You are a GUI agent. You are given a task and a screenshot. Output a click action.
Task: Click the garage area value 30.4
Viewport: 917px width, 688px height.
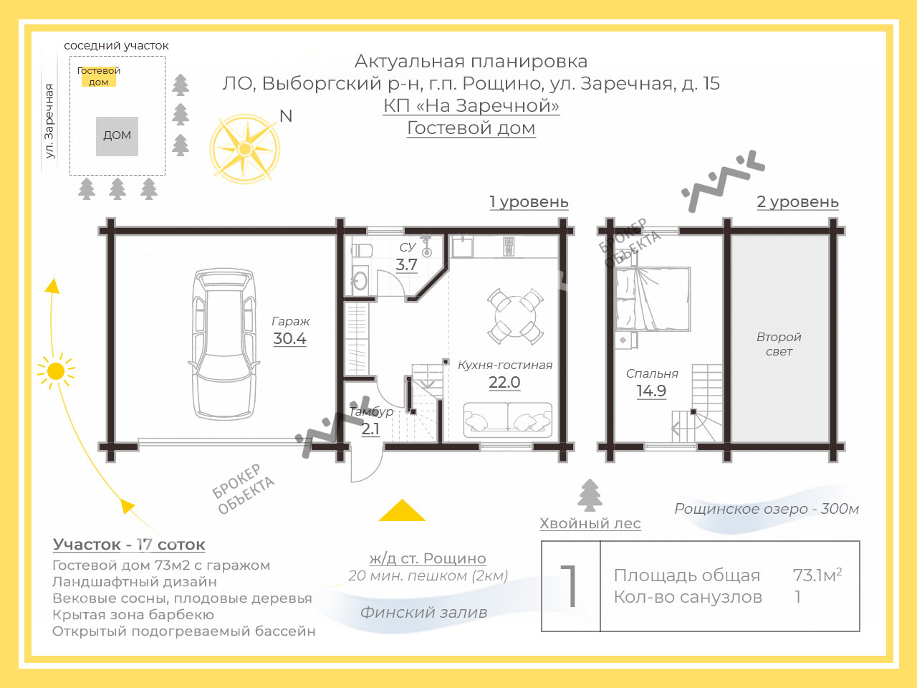point(289,338)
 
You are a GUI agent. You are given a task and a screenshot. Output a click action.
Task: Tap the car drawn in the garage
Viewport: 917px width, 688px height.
point(224,344)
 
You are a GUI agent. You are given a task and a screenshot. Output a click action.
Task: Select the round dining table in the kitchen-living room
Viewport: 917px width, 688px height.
point(516,316)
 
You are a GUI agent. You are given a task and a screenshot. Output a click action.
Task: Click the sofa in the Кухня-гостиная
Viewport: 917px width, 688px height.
point(508,420)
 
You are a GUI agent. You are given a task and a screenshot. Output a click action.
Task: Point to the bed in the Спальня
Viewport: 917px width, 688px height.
point(652,299)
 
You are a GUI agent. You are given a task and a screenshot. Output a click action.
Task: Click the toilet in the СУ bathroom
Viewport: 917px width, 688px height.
point(361,251)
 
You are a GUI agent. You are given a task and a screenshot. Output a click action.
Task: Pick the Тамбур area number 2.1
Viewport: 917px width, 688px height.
point(370,429)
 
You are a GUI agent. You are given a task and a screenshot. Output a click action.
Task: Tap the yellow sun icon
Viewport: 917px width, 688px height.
point(56,371)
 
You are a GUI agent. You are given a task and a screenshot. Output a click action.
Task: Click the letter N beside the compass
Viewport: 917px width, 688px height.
point(286,116)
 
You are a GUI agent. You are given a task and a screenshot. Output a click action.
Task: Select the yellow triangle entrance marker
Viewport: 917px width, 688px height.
point(402,510)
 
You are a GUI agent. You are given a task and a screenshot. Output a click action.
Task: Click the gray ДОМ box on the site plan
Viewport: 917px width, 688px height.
point(117,136)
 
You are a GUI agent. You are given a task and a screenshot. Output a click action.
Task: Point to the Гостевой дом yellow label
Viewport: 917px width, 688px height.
point(99,77)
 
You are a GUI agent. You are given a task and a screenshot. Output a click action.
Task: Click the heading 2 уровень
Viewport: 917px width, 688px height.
point(797,202)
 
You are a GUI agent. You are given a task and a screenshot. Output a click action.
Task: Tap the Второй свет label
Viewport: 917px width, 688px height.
point(779,344)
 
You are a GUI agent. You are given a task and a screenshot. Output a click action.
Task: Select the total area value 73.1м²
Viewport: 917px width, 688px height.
point(817,575)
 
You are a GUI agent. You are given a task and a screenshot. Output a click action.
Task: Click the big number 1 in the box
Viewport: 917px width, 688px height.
point(570,586)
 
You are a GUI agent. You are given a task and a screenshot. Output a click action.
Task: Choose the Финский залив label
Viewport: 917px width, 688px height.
point(423,612)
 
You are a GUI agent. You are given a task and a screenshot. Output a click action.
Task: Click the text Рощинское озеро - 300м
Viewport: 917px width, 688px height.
point(767,509)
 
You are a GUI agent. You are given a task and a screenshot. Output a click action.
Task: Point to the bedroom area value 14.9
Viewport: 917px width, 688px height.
point(651,391)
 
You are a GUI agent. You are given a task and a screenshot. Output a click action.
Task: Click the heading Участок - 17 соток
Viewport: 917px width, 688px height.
point(129,545)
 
